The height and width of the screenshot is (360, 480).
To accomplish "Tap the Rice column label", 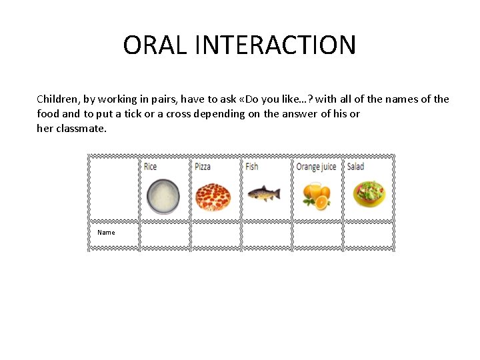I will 150,166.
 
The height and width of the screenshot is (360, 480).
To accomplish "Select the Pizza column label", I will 203,166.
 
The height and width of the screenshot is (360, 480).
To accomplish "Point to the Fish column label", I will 251,166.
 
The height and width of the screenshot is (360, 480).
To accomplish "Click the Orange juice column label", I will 316,166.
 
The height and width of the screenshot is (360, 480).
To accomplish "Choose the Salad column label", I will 355,166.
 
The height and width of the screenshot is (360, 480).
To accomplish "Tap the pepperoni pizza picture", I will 213,195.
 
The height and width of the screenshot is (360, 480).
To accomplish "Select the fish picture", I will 264,194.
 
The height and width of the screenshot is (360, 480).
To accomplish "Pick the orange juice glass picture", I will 315,194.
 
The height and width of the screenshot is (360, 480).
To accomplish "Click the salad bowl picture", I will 369,193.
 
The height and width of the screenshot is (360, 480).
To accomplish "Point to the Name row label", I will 106,233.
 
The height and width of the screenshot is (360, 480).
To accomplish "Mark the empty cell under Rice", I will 165,235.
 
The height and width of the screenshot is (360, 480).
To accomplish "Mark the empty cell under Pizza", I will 216,235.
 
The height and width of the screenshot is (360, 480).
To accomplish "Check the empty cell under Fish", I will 267,235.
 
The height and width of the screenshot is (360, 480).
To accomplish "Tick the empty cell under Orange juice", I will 317,235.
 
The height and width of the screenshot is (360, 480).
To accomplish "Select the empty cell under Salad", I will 369,235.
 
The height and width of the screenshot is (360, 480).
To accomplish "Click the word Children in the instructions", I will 57,99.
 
